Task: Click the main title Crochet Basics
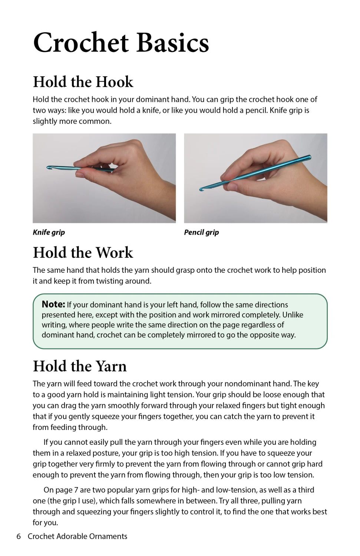[121, 43]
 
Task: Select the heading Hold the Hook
[83, 82]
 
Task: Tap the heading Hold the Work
[83, 252]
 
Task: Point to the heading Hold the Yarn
[80, 366]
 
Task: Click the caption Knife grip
[49, 232]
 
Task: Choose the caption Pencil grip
[201, 232]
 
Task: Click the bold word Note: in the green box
[53, 304]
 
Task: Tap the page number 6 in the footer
[19, 536]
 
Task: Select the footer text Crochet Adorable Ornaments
[77, 536]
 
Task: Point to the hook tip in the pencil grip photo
[201, 189]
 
